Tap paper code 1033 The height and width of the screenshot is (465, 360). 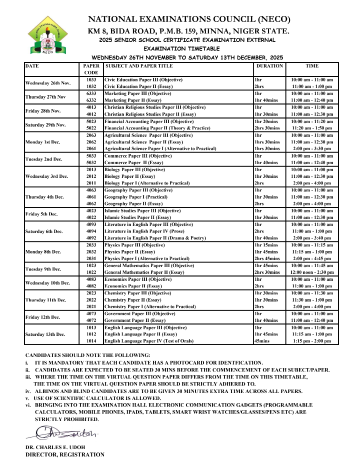click(91, 79)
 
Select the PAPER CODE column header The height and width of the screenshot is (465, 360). click(91, 69)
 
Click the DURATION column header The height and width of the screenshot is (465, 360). click(269, 66)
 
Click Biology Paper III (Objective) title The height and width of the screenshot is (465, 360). click(134, 169)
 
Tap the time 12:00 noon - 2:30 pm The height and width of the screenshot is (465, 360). click(312, 272)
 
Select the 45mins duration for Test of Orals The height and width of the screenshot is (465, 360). click(261, 341)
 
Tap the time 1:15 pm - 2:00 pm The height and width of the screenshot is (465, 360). click(312, 341)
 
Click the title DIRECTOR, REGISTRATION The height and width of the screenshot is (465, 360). click(65, 454)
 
